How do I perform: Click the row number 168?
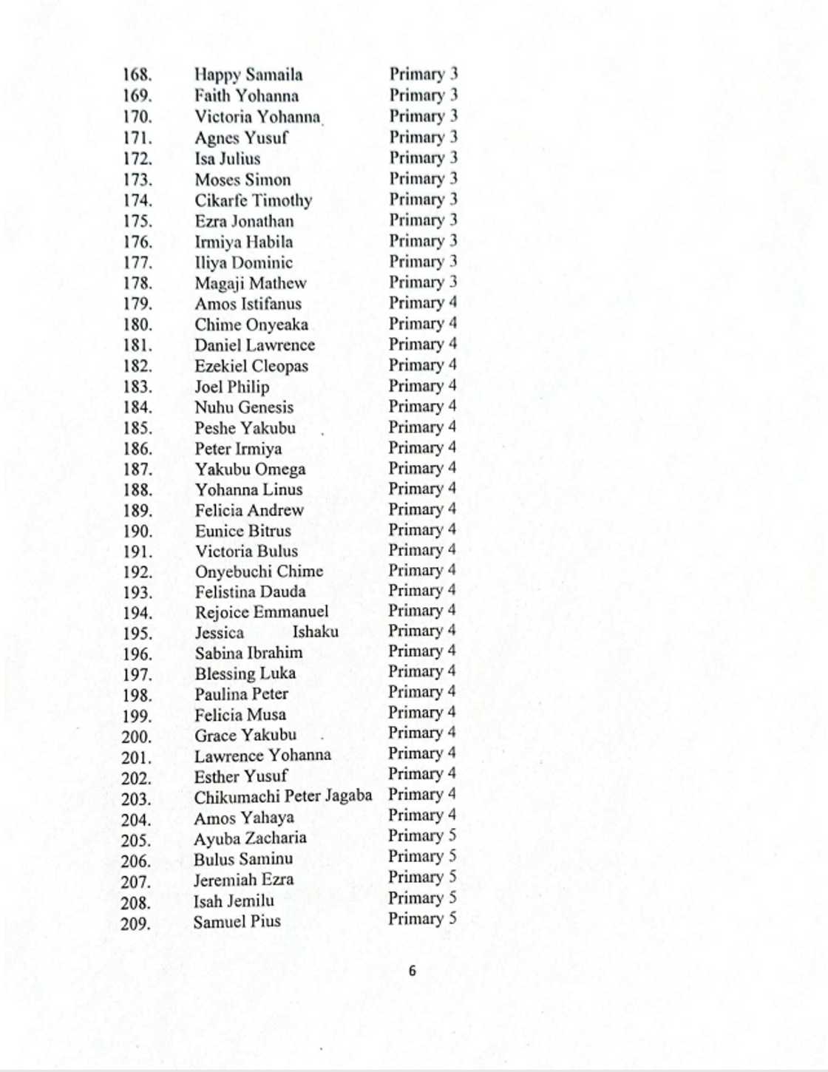coord(138,75)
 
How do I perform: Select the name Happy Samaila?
coord(248,75)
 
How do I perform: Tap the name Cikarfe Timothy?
coord(254,200)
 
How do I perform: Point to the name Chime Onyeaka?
coord(251,325)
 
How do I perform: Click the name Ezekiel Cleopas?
coord(251,366)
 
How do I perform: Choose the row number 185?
coord(138,428)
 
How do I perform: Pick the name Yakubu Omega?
coord(250,469)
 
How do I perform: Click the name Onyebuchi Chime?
coord(259,571)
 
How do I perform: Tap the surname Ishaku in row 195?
coord(316,632)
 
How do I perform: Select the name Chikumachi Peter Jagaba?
coord(283,796)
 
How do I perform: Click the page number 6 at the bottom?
coord(413,971)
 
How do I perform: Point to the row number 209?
coord(136,923)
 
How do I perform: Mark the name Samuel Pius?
coord(237,922)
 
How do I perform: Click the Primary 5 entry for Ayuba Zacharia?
coord(422,835)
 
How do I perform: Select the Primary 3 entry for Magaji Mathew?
coord(423,282)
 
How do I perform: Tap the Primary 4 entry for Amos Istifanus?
coord(423,303)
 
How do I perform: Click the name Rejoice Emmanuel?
coord(262,612)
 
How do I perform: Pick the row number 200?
coord(136,736)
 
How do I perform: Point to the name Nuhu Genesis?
coord(244,407)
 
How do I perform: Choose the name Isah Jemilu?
coord(234,901)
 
